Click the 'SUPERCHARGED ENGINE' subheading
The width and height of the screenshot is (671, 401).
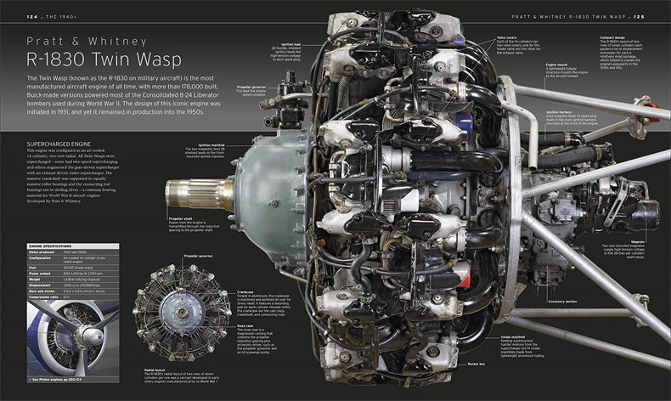tap(60, 144)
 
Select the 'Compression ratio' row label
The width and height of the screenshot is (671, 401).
tap(48, 297)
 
